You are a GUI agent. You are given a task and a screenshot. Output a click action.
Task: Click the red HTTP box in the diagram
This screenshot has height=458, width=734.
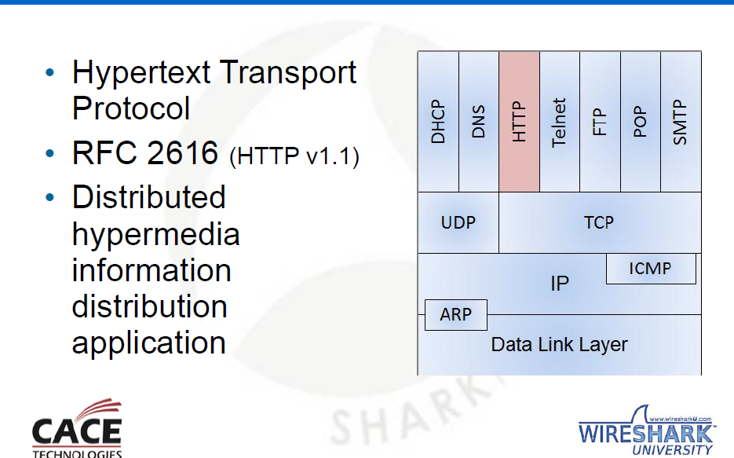tap(519, 122)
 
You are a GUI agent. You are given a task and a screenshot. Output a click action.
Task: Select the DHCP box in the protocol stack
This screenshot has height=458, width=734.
tap(438, 122)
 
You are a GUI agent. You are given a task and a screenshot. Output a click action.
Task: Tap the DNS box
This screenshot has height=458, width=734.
tap(479, 122)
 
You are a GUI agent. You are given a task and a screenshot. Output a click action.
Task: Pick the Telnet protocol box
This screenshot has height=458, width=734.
tap(560, 122)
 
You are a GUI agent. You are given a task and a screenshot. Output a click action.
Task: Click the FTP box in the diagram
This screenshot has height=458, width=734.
tap(600, 122)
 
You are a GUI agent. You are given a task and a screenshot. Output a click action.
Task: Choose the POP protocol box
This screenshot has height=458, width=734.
tap(641, 122)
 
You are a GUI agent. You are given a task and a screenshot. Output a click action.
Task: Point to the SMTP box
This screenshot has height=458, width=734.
tap(681, 122)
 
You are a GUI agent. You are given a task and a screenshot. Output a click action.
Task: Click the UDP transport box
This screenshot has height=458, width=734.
tap(458, 222)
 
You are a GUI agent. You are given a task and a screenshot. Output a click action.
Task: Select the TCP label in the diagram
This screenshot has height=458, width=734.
tap(599, 222)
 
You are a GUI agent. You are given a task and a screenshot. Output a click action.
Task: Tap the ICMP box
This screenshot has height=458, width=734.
tap(651, 269)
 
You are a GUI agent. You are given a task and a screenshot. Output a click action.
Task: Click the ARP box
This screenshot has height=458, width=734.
tap(456, 315)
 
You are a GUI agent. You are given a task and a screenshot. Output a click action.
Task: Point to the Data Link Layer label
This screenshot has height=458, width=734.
tap(560, 345)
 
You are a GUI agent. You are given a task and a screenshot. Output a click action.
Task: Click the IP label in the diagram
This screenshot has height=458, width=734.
tap(560, 284)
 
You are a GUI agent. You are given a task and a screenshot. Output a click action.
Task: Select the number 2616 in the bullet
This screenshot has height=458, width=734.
tap(182, 152)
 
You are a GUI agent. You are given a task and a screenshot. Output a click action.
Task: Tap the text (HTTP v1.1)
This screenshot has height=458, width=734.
tap(294, 156)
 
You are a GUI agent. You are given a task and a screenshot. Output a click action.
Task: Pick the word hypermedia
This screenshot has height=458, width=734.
tap(156, 236)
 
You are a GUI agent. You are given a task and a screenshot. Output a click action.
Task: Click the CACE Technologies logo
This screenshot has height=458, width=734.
tap(77, 428)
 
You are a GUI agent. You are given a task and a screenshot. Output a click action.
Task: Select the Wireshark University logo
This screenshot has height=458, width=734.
tap(646, 431)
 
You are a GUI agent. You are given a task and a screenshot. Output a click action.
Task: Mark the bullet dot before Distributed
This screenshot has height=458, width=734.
tap(50, 198)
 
